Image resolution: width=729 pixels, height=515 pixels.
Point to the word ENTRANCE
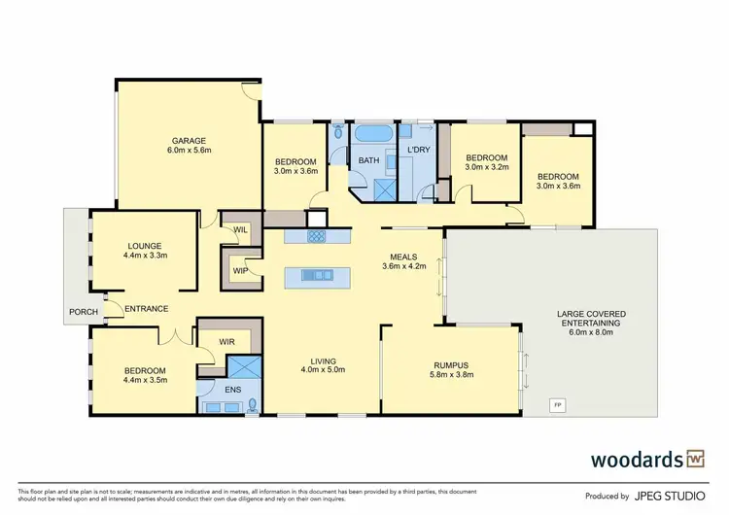(x=146, y=309)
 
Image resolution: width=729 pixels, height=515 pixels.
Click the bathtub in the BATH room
(x=370, y=133)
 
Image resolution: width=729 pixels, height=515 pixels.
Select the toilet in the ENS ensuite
(x=253, y=404)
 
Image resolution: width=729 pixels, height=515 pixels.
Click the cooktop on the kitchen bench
(x=317, y=236)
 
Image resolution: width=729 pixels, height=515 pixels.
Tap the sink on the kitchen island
(x=315, y=276)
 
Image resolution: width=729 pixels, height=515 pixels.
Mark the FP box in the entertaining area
(x=557, y=403)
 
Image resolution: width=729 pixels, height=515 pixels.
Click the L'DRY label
(x=419, y=150)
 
